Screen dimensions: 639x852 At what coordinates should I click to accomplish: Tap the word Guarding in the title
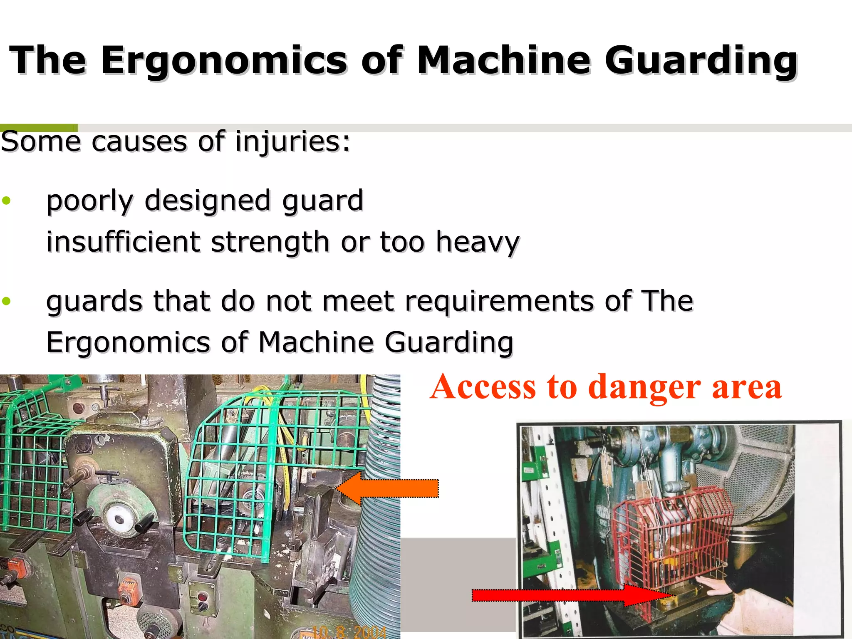click(701, 60)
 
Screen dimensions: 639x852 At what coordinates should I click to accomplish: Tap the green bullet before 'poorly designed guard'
click(6, 201)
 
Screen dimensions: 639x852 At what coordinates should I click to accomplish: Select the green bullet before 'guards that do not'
click(6, 301)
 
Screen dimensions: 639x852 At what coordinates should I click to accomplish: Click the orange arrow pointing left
click(387, 488)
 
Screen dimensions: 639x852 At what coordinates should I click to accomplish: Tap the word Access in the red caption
click(483, 387)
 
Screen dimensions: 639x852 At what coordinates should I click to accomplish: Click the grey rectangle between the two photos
click(458, 582)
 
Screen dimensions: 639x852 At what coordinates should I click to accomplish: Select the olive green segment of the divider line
click(39, 127)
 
